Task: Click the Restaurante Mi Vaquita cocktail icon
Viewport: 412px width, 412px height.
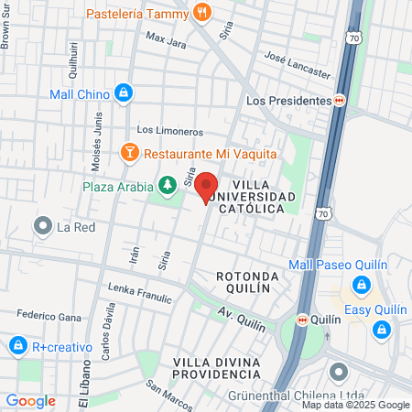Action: click(129, 154)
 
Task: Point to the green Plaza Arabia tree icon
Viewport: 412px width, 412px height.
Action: click(167, 187)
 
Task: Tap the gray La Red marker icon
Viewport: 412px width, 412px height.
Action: click(42, 225)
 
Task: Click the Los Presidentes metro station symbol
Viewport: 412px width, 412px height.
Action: click(339, 101)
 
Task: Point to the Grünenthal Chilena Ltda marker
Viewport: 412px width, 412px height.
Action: click(339, 373)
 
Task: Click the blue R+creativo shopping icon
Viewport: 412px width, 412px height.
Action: click(17, 346)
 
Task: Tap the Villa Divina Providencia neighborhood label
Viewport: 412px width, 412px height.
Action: click(216, 367)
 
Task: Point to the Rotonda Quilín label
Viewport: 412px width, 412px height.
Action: click(243, 282)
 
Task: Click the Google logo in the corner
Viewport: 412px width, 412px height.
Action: click(30, 400)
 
